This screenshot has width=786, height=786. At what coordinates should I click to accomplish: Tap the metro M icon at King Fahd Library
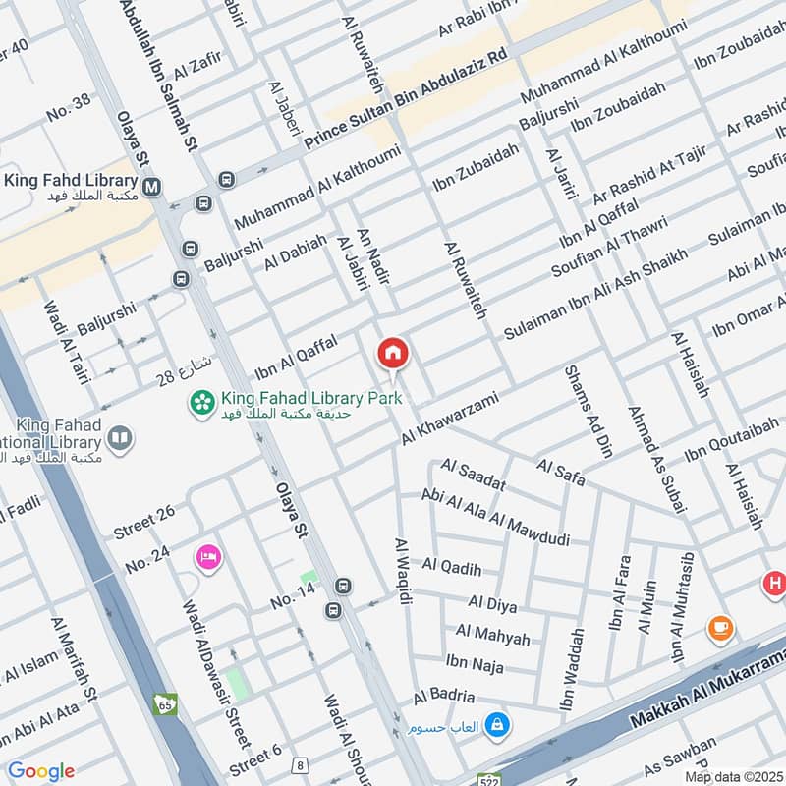(152, 185)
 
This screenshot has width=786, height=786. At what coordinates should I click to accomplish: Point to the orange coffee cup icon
(720, 627)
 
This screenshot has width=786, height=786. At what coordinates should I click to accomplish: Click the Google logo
(40, 771)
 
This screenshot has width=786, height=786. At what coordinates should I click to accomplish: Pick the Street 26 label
(143, 511)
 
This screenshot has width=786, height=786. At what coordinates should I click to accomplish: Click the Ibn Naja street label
(475, 666)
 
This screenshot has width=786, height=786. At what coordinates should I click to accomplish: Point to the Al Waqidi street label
(403, 571)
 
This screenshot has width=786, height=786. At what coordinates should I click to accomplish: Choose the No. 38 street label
(68, 107)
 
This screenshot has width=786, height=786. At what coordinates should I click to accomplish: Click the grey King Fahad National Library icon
(120, 438)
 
